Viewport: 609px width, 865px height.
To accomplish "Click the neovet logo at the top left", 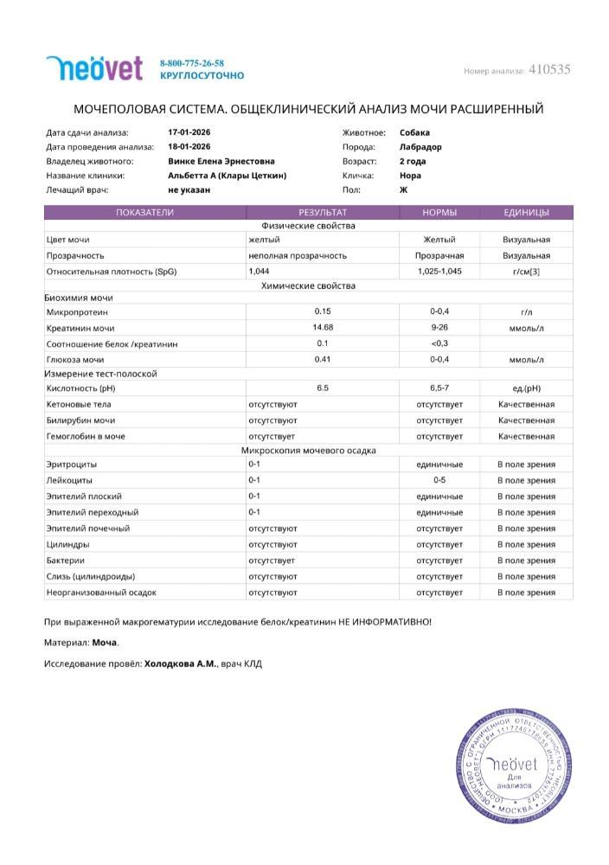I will [94, 68].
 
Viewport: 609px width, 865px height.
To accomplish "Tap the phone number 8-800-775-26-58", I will [192, 63].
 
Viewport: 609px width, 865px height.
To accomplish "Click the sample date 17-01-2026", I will [189, 132].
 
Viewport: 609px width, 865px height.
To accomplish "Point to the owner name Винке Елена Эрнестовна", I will [221, 161].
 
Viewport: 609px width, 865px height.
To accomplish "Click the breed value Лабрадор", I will [420, 147].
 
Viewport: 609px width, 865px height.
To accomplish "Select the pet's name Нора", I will [410, 175].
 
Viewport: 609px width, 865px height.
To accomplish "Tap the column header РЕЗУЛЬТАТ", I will [323, 212].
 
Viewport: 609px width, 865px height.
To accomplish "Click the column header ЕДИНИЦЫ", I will [526, 212].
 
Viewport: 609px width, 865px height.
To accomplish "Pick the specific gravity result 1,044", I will [259, 272].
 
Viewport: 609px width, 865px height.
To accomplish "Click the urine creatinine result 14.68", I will [323, 327].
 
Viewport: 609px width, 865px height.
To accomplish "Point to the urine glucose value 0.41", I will [323, 359].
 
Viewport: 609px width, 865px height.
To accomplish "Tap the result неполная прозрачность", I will [297, 256].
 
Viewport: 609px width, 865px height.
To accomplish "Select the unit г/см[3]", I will [526, 272].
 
